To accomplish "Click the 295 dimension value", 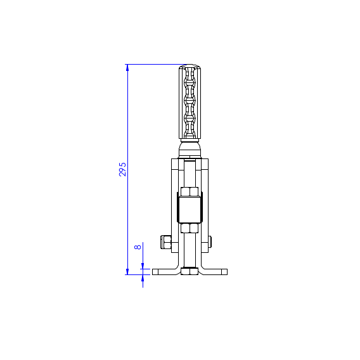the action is click(122, 169).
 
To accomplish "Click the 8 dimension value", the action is click(138, 247).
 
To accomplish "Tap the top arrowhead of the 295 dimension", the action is click(127, 68).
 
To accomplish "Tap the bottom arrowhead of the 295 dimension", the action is click(127, 271).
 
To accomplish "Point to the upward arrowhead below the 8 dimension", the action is click(143, 278).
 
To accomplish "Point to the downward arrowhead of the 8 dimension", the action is click(143, 266).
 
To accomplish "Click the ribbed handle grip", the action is click(190, 102).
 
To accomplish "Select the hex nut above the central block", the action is click(190, 191).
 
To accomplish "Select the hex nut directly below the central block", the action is click(190, 228).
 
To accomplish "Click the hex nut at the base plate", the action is click(190, 271).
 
